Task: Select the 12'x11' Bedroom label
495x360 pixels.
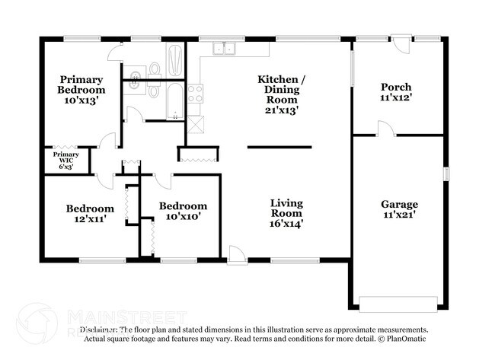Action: (90, 213)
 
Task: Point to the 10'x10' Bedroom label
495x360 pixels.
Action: (183, 211)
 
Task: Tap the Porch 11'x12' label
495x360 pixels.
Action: (396, 92)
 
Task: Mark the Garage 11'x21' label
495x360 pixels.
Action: (400, 209)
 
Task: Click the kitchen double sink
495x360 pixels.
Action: (223, 49)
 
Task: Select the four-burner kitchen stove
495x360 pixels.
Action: (195, 94)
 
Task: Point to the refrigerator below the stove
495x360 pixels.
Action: (195, 125)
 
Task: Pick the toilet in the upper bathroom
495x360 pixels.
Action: (155, 68)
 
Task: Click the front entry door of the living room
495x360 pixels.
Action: (237, 255)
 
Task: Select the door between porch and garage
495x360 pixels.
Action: (385, 130)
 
